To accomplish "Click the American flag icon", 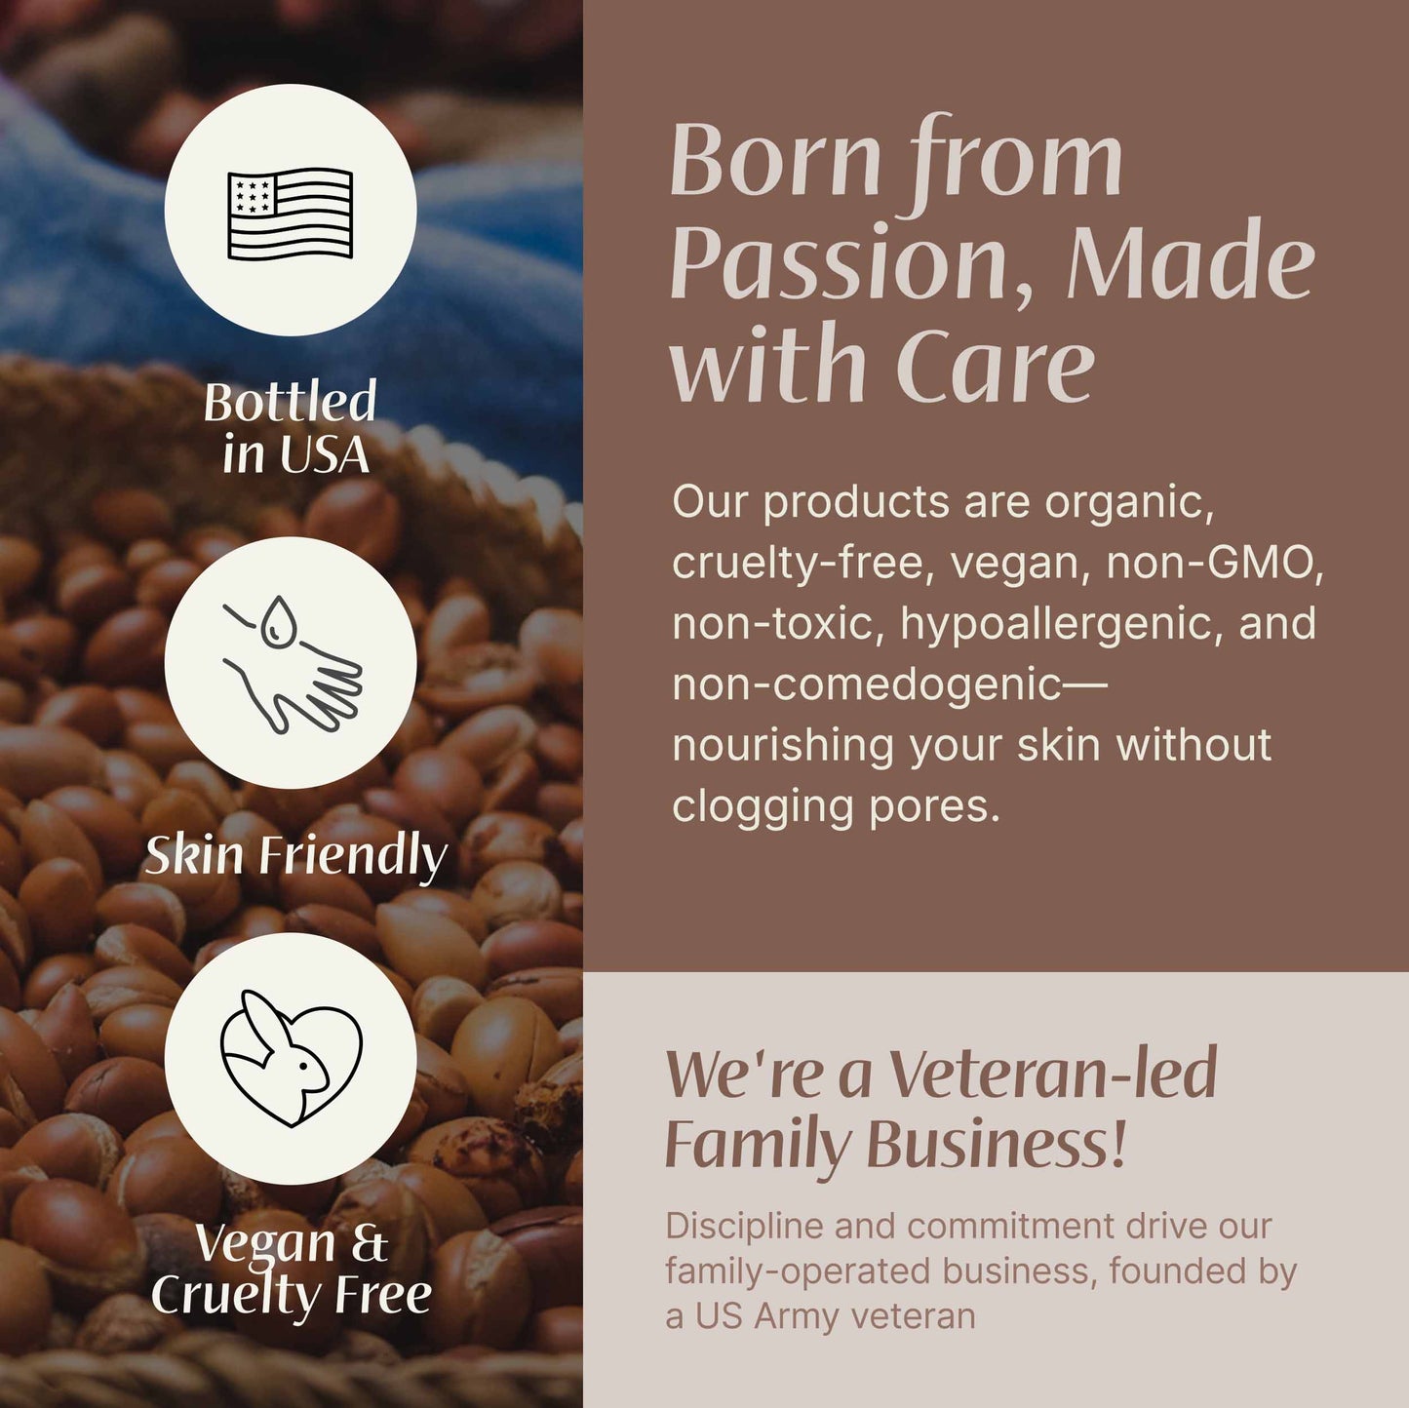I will [x=290, y=214].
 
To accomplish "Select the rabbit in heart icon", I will [x=292, y=1059].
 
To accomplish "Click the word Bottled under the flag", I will [x=290, y=402].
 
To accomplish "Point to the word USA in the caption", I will [x=324, y=454].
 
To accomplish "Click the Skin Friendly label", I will [x=295, y=855].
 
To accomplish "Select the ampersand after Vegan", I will [x=369, y=1243].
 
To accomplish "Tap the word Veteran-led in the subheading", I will [x=1053, y=1074].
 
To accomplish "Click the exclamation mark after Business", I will [x=1117, y=1144].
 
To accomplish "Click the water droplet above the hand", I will [x=280, y=621].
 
